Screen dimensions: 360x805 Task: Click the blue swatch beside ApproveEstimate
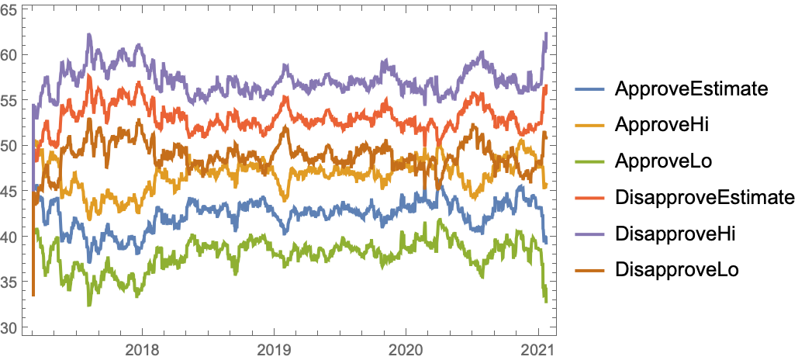(589, 88)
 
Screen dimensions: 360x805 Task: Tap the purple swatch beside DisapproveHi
(589, 234)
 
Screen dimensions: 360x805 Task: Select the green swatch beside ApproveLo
(589, 161)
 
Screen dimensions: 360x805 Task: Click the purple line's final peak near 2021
(546, 33)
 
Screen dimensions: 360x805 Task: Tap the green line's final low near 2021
(546, 301)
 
